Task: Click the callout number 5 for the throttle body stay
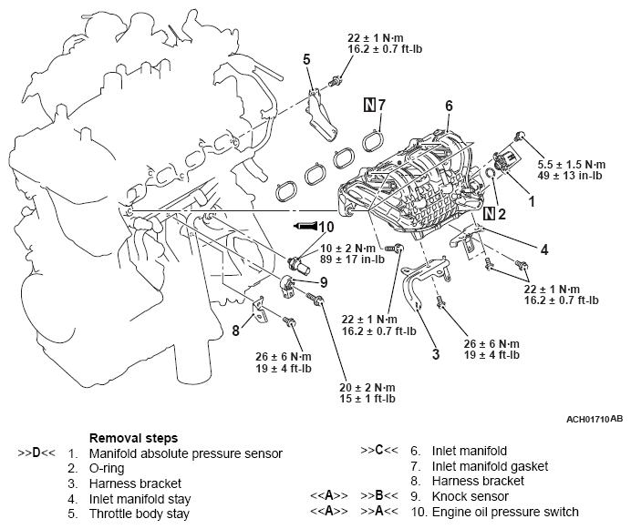(306, 59)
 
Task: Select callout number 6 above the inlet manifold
(448, 107)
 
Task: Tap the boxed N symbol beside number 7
(369, 104)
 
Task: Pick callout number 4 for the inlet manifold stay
(543, 249)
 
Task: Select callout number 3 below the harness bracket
(436, 353)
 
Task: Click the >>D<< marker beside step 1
(36, 452)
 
